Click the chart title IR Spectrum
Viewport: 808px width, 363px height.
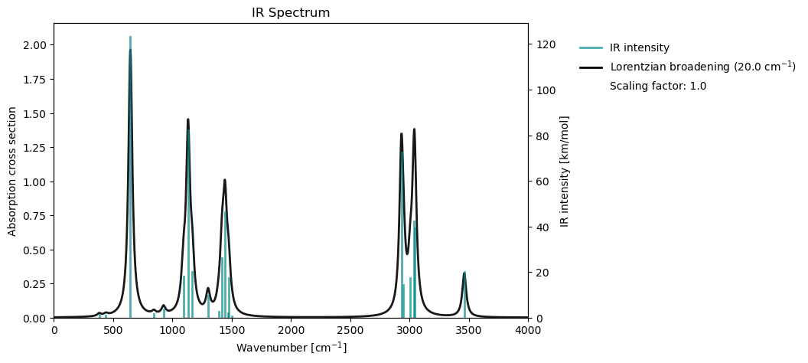[291, 13]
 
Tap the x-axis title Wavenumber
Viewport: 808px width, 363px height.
[291, 348]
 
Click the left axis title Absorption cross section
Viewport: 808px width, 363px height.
[12, 171]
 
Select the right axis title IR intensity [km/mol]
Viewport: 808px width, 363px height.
[565, 171]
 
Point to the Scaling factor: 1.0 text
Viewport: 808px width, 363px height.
[657, 86]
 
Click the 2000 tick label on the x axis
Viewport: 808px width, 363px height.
[291, 331]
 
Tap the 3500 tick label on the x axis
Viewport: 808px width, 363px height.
[469, 331]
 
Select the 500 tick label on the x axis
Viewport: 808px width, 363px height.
[113, 331]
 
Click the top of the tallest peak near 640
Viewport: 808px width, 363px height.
[130, 50]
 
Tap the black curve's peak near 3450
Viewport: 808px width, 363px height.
[464, 273]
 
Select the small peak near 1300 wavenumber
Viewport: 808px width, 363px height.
[208, 289]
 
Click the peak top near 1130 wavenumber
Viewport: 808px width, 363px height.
[187, 119]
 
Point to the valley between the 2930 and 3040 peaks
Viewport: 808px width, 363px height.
[407, 253]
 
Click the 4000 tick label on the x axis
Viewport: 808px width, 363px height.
[528, 331]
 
